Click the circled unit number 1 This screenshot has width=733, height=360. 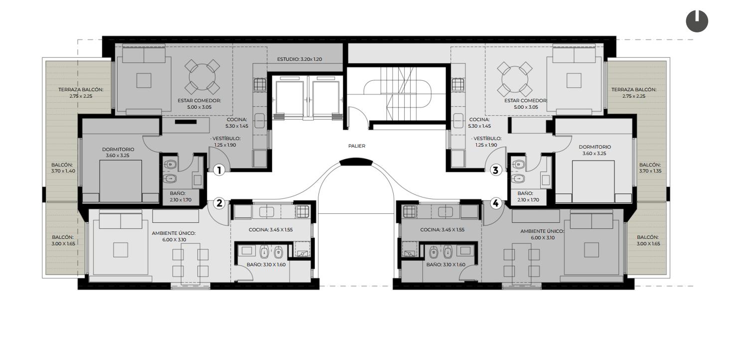click(x=219, y=170)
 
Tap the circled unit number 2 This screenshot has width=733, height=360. click(x=219, y=203)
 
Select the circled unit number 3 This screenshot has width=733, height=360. click(x=496, y=170)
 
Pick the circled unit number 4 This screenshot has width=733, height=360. click(x=496, y=203)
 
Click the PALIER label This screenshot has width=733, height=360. click(x=357, y=146)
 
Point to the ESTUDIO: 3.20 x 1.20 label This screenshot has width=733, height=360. click(x=299, y=59)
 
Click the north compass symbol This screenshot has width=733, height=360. click(x=697, y=21)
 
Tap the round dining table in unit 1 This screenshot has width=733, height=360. click(x=202, y=77)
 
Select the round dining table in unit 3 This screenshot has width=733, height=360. click(x=515, y=79)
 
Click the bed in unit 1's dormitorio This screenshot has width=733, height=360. click(x=121, y=181)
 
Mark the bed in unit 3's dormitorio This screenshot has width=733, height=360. click(x=593, y=181)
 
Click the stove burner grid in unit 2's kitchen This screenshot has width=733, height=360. click(x=302, y=211)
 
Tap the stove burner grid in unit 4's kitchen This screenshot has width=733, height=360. click(x=410, y=211)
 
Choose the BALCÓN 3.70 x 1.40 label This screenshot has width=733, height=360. click(x=63, y=168)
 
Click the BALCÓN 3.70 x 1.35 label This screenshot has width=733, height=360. click(x=650, y=168)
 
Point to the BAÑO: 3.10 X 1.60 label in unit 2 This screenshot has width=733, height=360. click(x=266, y=265)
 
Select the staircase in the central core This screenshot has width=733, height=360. click(x=398, y=94)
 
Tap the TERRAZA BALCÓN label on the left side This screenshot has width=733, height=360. click(x=81, y=93)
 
